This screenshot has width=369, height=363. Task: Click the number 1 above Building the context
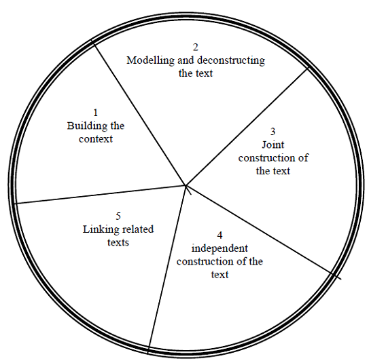(x=96, y=113)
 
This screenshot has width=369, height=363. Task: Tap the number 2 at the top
(x=196, y=47)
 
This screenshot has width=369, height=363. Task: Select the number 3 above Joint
(x=273, y=132)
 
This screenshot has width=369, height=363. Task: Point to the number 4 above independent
(x=219, y=235)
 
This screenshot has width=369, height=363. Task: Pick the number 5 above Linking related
(x=118, y=216)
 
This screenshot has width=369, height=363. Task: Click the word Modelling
(x=151, y=60)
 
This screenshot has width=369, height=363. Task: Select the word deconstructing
(x=231, y=60)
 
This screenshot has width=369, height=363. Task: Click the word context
(x=96, y=139)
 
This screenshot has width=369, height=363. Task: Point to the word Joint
(x=273, y=145)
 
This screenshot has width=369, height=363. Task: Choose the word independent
(x=219, y=249)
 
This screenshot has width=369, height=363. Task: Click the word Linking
(x=98, y=229)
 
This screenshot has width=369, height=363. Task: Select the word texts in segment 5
(x=118, y=242)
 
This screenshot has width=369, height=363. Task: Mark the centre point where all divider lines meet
(x=186, y=186)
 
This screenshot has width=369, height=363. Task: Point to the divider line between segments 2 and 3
(x=247, y=126)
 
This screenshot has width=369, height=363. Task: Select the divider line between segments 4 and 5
(x=167, y=269)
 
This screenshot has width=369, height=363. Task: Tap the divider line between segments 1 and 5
(x=101, y=195)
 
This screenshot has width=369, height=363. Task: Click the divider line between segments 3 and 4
(x=264, y=232)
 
